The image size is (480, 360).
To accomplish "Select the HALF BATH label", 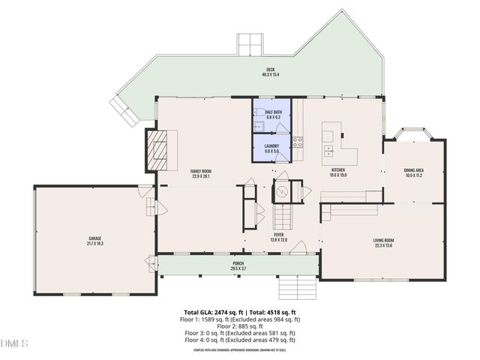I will point(273,114).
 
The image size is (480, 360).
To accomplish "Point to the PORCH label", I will point(238,265).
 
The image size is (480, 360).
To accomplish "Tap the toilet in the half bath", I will point(257,125).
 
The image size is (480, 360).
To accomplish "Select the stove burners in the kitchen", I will point(297,140).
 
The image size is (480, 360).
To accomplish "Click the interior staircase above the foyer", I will point(282,218).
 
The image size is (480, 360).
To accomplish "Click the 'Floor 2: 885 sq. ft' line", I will point(239,326).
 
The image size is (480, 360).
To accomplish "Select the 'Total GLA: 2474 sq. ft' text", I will point(213,312).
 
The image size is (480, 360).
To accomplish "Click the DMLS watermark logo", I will point(14,343).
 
